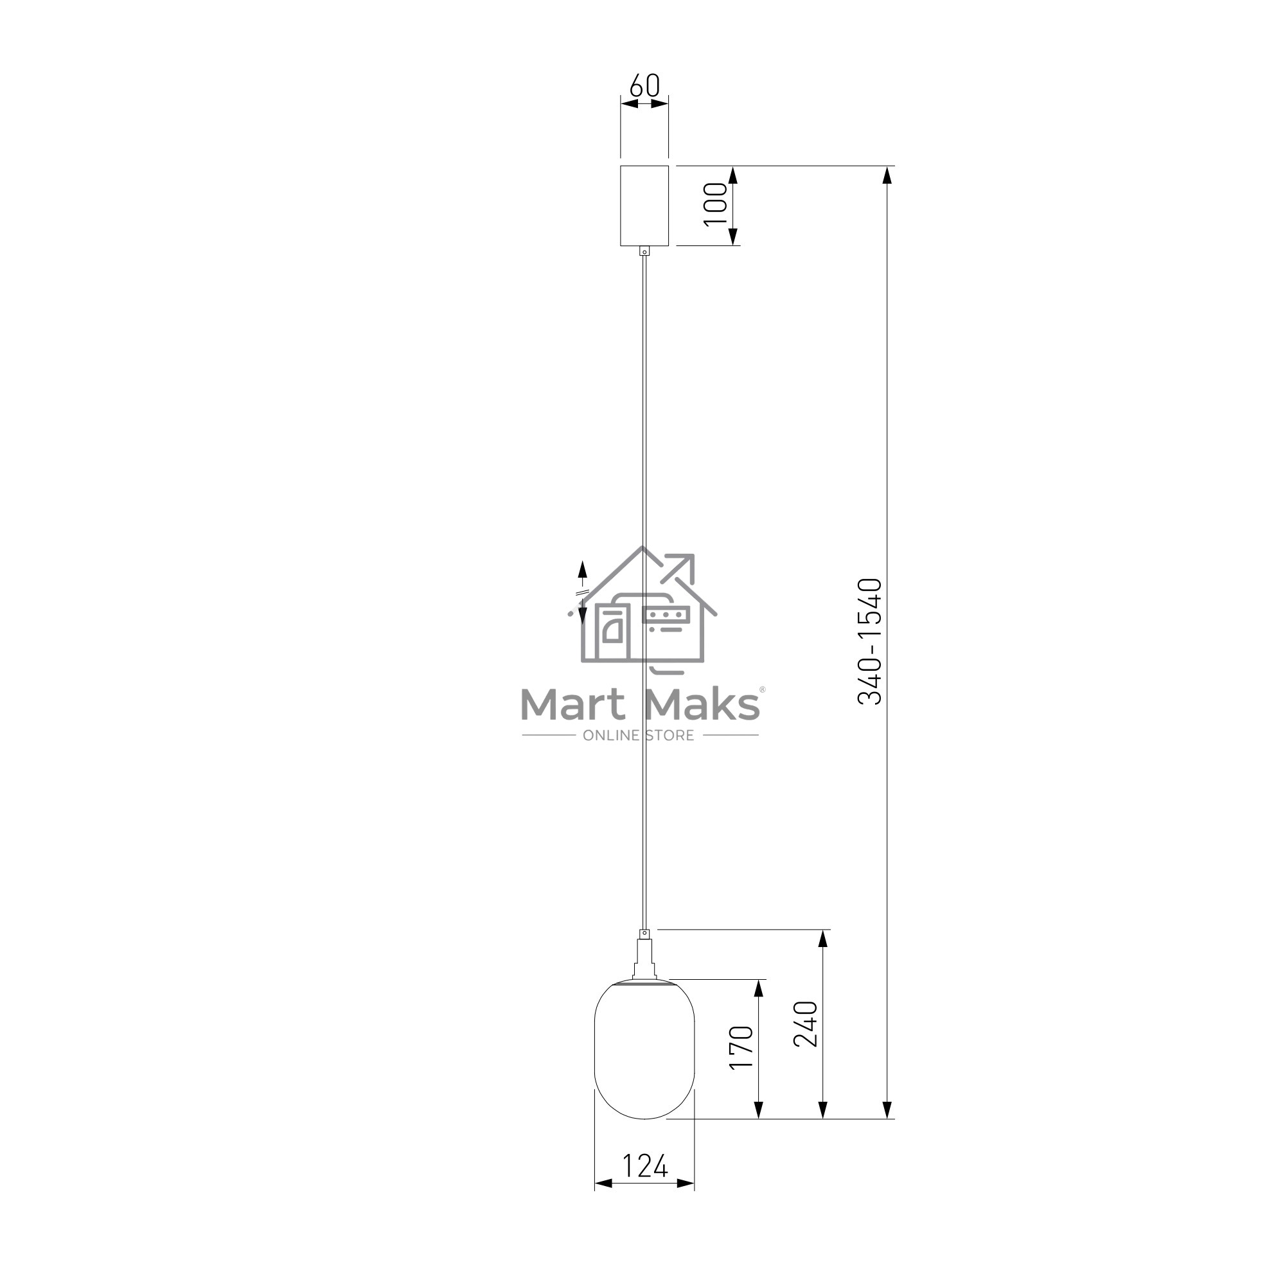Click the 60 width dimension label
(x=644, y=85)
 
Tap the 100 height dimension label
(x=716, y=204)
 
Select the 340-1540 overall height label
(x=869, y=641)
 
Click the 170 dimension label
(x=741, y=1047)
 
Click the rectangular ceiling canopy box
(x=644, y=206)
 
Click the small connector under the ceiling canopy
(x=644, y=251)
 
